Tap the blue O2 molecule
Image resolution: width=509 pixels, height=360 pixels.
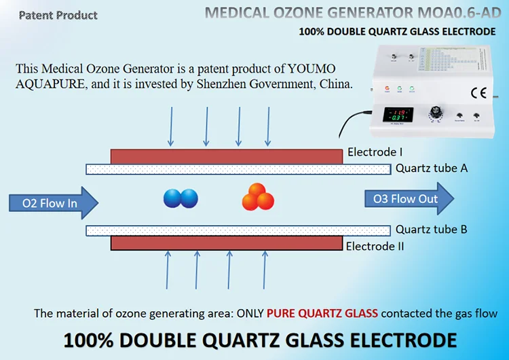181,198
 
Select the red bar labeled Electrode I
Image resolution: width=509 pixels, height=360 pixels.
227,156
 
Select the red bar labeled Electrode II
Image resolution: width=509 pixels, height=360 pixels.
227,243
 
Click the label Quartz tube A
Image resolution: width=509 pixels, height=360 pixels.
432,168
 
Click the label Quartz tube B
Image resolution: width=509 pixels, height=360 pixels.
432,230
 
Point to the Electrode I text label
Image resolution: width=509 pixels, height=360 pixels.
375,153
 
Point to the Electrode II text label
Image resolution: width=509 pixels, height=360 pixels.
375,246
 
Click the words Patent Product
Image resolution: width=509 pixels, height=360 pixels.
58,15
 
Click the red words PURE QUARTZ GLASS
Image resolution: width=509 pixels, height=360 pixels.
322,314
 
